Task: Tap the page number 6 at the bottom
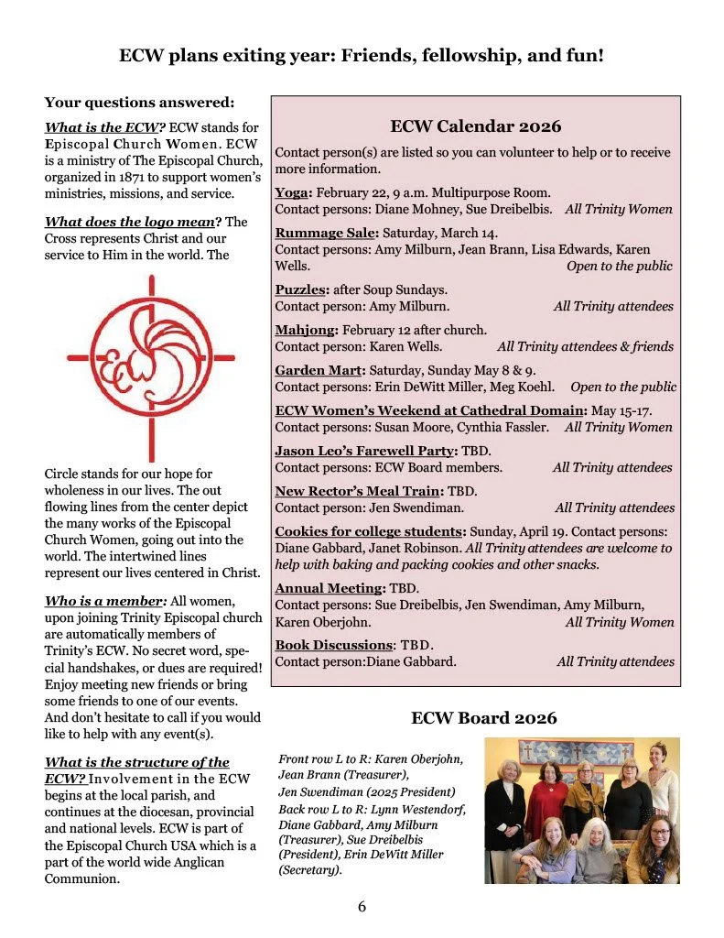[x=362, y=907]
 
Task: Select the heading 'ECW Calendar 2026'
[x=475, y=126]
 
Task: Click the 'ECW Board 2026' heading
[x=483, y=717]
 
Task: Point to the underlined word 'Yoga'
[x=293, y=192]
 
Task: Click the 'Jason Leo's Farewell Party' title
[x=364, y=451]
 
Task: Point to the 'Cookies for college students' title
[x=370, y=531]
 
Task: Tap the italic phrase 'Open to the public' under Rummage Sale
[x=619, y=266]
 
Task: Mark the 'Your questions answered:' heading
[x=139, y=102]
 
